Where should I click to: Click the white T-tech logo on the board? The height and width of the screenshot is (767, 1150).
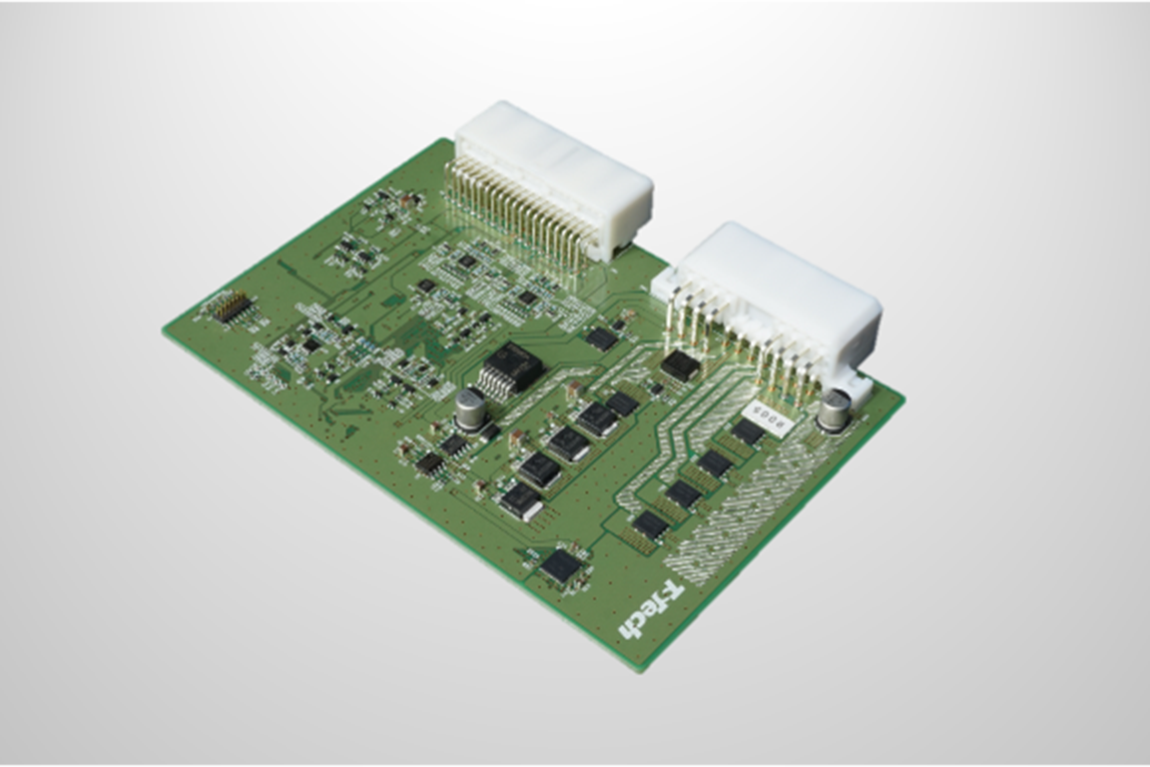point(650,610)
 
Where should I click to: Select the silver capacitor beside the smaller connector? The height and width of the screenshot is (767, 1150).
point(835,409)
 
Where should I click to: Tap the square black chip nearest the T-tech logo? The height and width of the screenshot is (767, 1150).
point(561,565)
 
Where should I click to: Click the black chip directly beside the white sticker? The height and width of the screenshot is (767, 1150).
point(747,432)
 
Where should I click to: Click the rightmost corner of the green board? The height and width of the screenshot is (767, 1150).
point(902,397)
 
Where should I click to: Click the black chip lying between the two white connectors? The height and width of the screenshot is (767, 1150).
point(602,339)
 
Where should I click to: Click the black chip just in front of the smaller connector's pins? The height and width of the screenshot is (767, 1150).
point(680,365)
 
